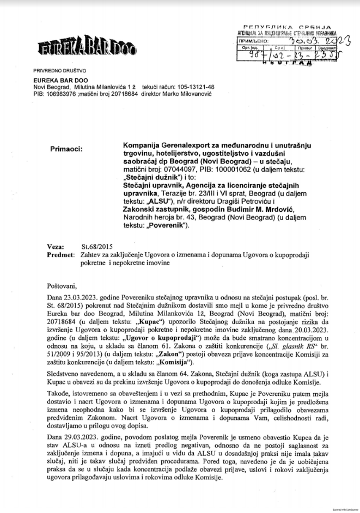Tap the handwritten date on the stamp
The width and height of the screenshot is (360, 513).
[315, 40]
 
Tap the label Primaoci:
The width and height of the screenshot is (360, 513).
[64, 148]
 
